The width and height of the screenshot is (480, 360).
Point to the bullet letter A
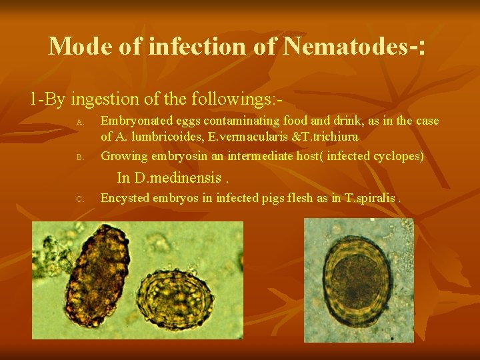tap(79, 122)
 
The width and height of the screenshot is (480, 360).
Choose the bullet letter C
tap(79, 199)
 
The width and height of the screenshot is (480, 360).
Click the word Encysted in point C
tap(123, 197)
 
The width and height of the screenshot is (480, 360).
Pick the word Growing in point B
tap(123, 157)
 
